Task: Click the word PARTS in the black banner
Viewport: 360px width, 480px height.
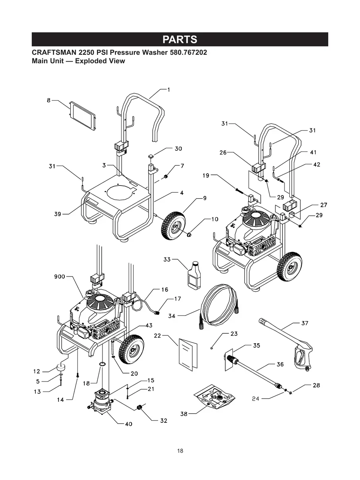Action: (180, 40)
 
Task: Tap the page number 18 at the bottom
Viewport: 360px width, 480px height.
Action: (180, 451)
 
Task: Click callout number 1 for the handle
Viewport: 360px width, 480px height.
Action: (168, 90)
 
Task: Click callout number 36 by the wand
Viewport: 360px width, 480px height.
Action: (280, 364)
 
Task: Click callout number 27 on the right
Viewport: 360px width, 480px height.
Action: (323, 205)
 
